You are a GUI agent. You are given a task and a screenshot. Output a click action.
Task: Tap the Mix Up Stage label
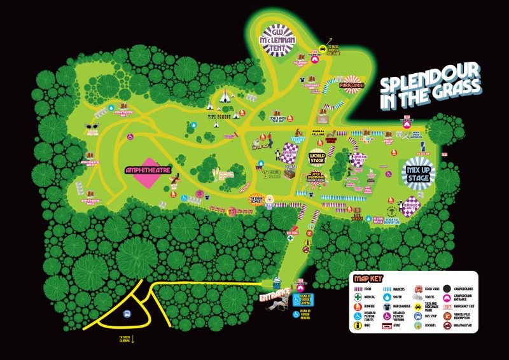(x=417, y=170)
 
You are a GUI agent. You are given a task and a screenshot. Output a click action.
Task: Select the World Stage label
(x=317, y=156)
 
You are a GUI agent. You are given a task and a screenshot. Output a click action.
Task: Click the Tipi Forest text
(x=218, y=116)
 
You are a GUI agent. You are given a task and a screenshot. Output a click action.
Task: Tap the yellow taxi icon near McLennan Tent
(x=323, y=47)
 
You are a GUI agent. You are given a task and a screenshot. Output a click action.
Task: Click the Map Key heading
(x=370, y=279)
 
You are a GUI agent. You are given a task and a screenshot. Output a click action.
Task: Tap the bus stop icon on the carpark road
(x=127, y=314)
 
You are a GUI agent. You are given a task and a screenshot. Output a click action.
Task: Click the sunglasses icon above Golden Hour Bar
(x=90, y=127)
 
